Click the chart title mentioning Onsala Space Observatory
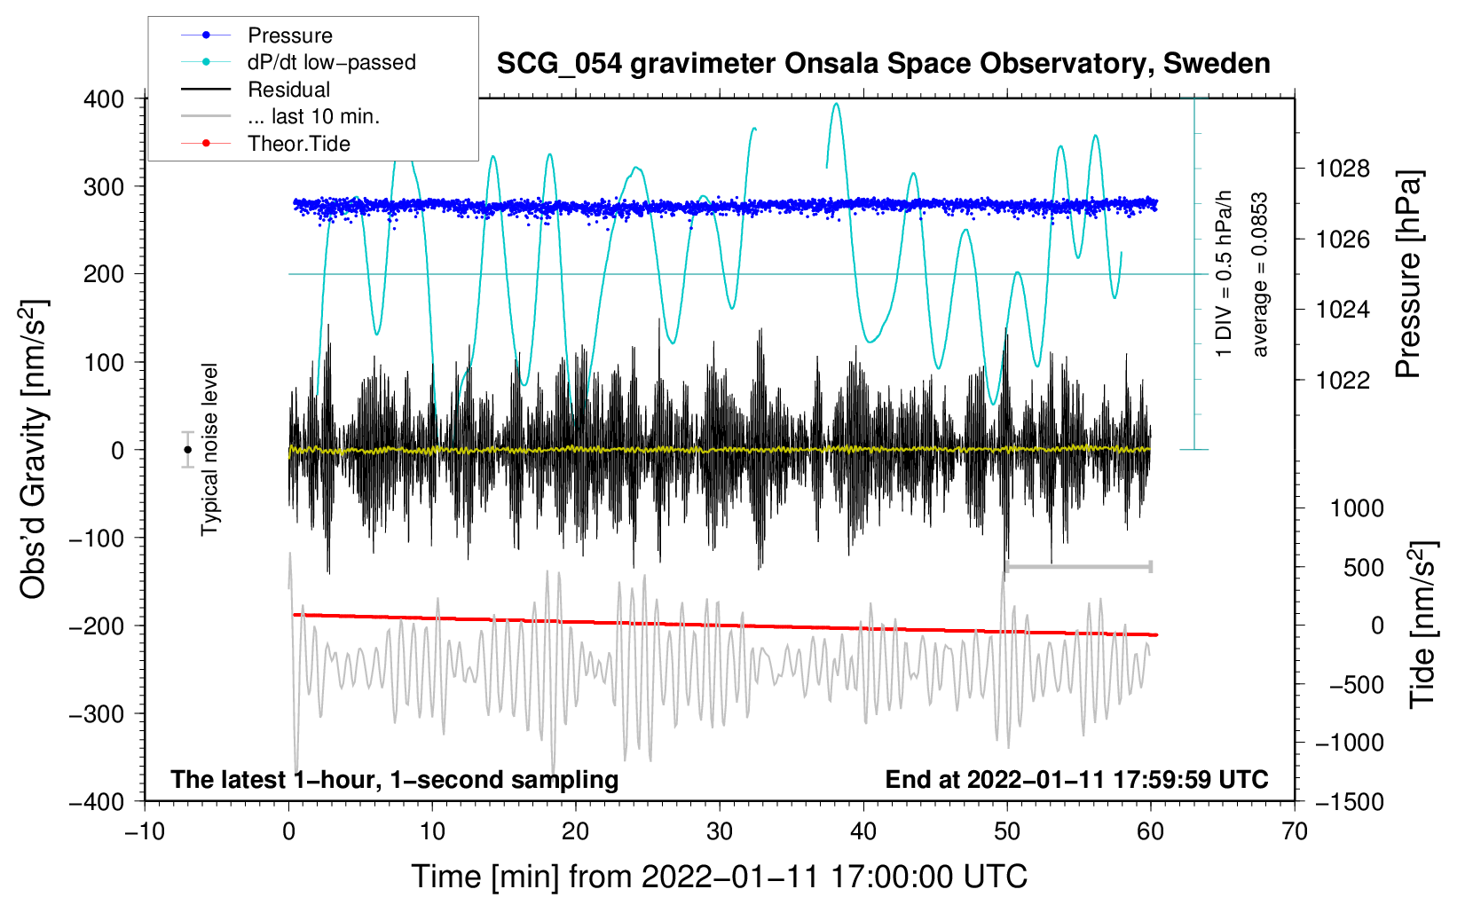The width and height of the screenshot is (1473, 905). tap(883, 64)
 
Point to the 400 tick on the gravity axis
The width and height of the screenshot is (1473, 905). tap(104, 99)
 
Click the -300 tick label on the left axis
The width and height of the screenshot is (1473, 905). tap(97, 713)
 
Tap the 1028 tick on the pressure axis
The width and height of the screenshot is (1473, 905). tap(1343, 169)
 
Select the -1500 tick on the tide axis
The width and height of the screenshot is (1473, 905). tap(1350, 802)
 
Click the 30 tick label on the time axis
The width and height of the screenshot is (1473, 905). tap(720, 832)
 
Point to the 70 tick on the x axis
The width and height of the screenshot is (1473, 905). tap(1294, 832)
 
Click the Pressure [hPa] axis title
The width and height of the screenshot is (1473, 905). tap(1408, 274)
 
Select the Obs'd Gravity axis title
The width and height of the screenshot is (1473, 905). tap(32, 449)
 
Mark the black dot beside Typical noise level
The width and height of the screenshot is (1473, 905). tap(188, 450)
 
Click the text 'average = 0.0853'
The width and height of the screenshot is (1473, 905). tap(1259, 274)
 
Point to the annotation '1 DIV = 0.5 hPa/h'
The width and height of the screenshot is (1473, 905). tap(1223, 274)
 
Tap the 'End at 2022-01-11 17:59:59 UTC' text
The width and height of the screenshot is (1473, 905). tap(1076, 779)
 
